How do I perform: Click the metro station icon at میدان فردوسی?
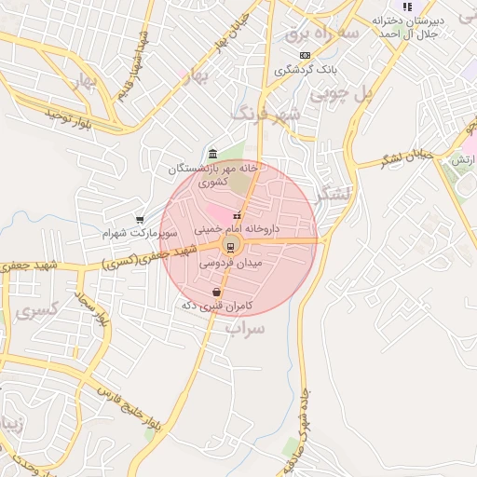click(229, 247)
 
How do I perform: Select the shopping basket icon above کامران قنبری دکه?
click(216, 292)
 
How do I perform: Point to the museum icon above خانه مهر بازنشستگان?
click(213, 154)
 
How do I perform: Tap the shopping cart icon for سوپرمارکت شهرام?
click(140, 220)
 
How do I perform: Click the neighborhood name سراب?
click(246, 328)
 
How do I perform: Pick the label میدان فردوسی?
click(228, 265)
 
